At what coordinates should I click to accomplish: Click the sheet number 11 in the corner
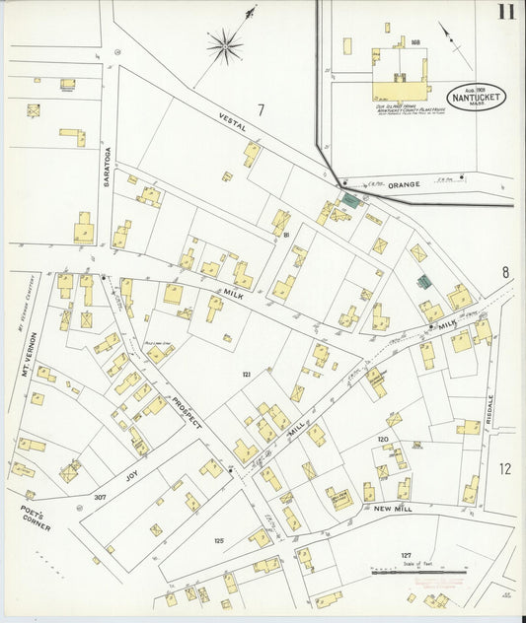(505, 13)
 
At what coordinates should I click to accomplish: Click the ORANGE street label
(403, 184)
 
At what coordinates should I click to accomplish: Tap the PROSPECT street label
(186, 412)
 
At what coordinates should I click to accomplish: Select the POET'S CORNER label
(36, 519)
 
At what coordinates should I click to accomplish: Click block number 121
(247, 376)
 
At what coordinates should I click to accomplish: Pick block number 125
(219, 540)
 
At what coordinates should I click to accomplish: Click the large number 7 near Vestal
(262, 109)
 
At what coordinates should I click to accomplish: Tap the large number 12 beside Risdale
(505, 469)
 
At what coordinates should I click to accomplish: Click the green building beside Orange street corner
(350, 201)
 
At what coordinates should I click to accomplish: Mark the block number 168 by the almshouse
(415, 42)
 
